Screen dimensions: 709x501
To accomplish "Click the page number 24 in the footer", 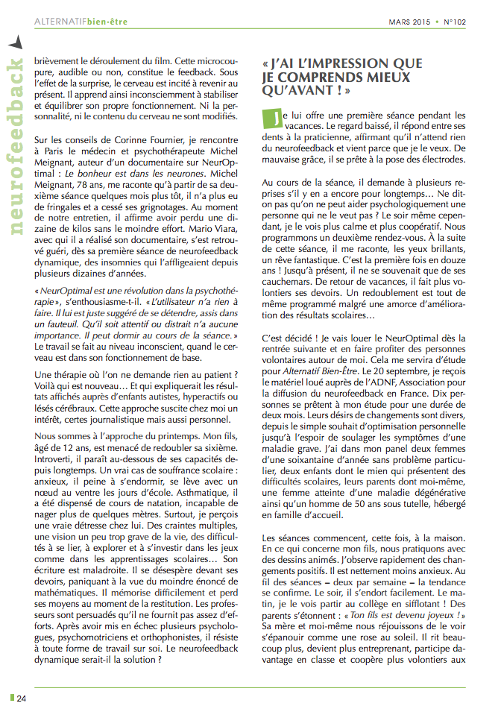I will [22, 699].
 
